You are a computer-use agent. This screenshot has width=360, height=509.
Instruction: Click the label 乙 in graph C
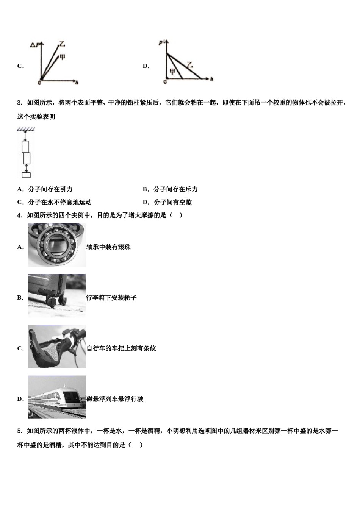point(61,45)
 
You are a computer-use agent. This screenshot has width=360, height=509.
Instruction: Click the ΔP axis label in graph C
point(34,46)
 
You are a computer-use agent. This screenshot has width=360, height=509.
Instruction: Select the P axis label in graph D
point(161,43)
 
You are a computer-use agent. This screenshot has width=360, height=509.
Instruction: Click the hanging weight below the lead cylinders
point(26,174)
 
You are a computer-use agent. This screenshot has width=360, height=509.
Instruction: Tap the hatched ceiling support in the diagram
point(26,129)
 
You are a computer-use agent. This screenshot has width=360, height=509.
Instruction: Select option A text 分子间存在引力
point(50,189)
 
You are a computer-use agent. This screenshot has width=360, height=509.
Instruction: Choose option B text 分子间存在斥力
point(175,189)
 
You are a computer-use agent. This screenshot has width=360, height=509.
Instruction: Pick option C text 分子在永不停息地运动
point(60,202)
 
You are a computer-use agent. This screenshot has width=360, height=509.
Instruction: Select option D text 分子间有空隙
point(172,202)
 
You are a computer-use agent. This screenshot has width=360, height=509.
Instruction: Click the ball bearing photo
point(57,245)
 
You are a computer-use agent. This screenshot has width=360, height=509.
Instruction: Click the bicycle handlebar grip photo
point(57,347)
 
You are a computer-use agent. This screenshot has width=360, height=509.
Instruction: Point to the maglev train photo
point(57,397)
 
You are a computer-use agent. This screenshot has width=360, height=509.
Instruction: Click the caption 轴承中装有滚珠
point(108,247)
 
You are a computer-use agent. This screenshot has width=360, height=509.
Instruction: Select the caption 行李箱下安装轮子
point(111,298)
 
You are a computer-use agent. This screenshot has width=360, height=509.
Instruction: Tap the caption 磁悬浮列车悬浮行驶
point(115,399)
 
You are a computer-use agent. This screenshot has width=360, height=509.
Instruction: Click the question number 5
point(19,431)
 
